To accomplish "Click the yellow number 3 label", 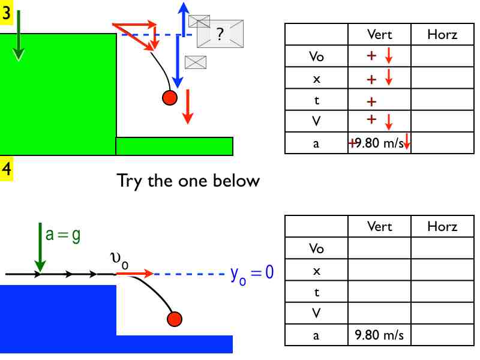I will click(7, 13).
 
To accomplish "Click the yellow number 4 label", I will click(7, 169).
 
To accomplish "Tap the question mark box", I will click(220, 34).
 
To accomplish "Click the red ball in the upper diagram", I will click(170, 97).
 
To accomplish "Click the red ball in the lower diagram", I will click(175, 319).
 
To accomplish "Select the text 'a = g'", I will click(63, 235).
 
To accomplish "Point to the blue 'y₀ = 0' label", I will click(252, 274).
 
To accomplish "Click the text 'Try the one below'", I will click(188, 180).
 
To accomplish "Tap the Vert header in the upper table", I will click(379, 35).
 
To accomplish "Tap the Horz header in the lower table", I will click(442, 227).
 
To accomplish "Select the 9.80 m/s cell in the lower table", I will click(379, 335).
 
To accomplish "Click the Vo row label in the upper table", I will click(316, 56).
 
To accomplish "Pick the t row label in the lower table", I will click(316, 292).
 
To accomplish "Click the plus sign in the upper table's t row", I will click(371, 100).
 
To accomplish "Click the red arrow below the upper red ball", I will click(188, 106).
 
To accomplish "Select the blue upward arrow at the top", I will click(184, 18).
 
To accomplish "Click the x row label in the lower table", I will click(316, 270).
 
